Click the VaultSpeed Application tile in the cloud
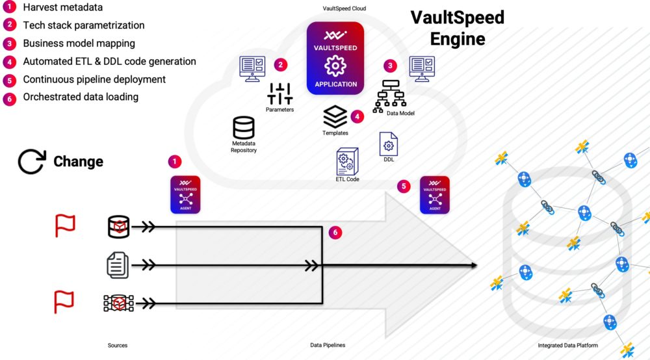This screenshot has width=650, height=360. (x=335, y=58)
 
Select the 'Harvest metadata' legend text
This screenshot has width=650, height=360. (x=62, y=8)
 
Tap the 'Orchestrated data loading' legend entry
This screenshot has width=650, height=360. (x=81, y=97)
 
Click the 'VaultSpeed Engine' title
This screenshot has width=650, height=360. (x=457, y=27)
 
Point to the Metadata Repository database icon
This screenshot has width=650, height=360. (x=244, y=127)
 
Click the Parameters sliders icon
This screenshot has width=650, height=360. (x=279, y=94)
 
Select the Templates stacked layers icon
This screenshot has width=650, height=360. (x=335, y=117)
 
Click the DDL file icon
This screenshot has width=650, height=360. (x=389, y=144)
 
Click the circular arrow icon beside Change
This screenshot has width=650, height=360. (x=31, y=162)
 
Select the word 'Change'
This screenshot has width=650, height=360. (x=78, y=162)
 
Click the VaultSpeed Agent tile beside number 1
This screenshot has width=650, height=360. (x=185, y=194)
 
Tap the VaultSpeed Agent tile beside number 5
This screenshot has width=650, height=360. (x=435, y=194)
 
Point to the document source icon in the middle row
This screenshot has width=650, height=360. (x=118, y=265)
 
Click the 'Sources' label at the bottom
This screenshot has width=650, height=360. (x=118, y=345)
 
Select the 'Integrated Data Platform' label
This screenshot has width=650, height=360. (x=567, y=345)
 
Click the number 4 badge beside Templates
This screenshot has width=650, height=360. (x=356, y=117)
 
